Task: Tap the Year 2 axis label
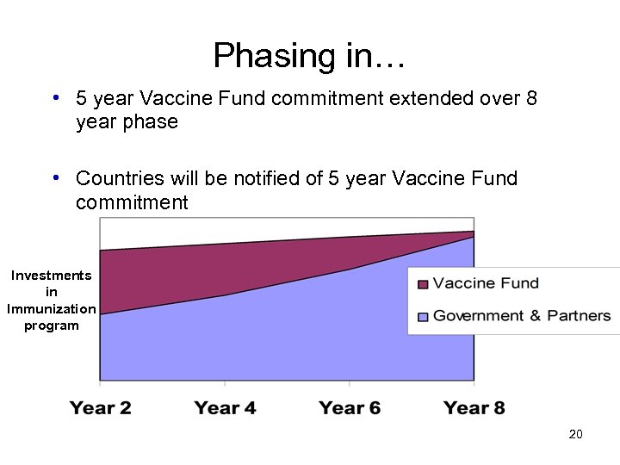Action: point(101,407)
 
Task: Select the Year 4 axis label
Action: point(225,407)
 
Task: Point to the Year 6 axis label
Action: point(350,407)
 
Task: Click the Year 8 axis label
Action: point(474,407)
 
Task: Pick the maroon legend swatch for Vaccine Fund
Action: point(423,284)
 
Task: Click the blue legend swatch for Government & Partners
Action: point(423,317)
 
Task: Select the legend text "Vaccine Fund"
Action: point(486,283)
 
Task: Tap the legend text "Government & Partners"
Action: point(522,316)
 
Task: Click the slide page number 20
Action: point(576,434)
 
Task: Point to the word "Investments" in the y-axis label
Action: point(51,276)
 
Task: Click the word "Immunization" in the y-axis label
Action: point(51,308)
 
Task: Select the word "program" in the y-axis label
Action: point(51,325)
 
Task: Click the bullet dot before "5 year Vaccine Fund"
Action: point(55,97)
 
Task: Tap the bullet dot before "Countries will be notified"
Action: point(55,177)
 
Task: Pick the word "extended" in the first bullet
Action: point(425,98)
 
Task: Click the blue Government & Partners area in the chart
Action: point(284,336)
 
